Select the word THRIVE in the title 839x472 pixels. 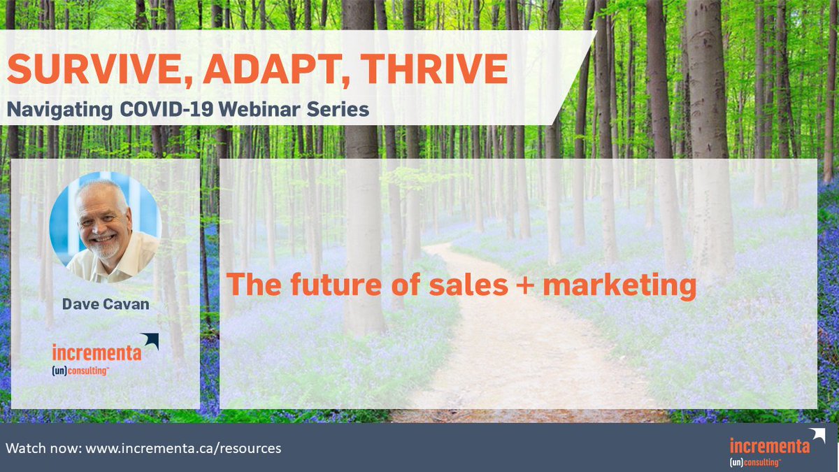[424, 70]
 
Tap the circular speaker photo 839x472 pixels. [106, 225]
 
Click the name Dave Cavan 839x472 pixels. [106, 304]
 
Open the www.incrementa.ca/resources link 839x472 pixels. [183, 448]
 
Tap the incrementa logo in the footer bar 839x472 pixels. [769, 448]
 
